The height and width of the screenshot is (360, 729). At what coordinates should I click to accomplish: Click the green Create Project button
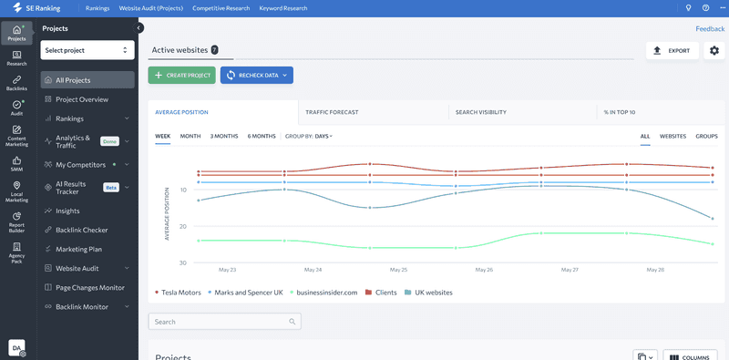[181, 76]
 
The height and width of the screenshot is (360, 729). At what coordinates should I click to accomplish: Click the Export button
[673, 51]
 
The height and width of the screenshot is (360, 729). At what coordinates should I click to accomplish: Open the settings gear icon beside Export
[714, 51]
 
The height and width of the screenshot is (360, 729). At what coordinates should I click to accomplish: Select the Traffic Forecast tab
[332, 112]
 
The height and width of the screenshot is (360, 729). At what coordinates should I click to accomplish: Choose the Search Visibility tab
[481, 112]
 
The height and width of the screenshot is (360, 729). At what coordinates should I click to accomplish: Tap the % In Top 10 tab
[620, 112]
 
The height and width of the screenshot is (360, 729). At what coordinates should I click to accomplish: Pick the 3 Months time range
[224, 137]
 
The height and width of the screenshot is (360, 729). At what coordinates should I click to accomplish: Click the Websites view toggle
[673, 137]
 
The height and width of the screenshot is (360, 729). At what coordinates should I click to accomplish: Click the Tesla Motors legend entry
[178, 293]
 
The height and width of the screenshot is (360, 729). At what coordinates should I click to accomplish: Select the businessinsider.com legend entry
[323, 293]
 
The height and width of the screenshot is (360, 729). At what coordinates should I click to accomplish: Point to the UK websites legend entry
[428, 293]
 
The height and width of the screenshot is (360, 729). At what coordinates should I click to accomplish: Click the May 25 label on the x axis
[398, 270]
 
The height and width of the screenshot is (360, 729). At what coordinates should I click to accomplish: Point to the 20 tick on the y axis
[183, 227]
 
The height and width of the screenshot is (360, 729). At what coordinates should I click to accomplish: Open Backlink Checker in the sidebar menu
[82, 230]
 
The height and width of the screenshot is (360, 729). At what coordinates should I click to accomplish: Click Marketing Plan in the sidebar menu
[78, 250]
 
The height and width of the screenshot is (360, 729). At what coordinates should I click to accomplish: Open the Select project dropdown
[87, 50]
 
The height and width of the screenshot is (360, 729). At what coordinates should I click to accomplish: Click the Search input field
[224, 322]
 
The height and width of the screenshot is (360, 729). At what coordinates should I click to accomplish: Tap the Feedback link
[710, 29]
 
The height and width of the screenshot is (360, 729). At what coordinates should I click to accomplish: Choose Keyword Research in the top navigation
[283, 8]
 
